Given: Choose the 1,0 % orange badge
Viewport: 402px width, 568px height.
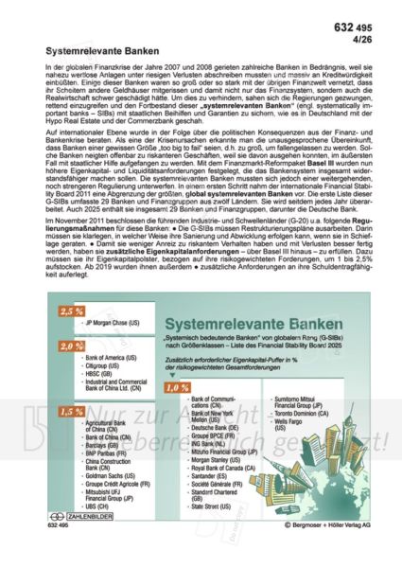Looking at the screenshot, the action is point(176,387).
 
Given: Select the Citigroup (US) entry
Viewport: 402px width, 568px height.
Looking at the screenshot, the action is point(104,368).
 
